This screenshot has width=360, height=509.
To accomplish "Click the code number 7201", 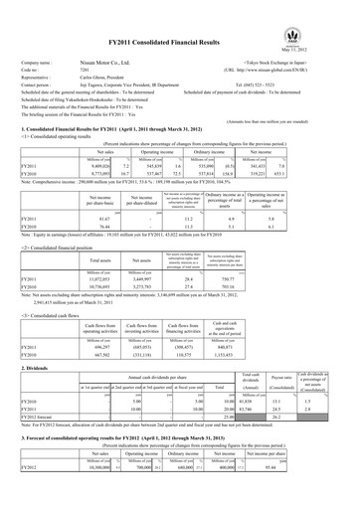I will pyautogui.click(x=85, y=55).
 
